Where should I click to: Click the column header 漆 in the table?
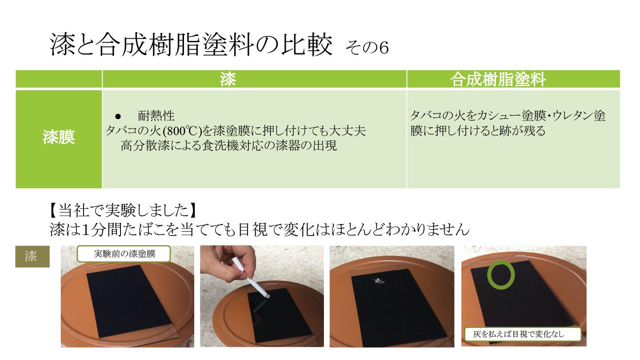click(228, 79)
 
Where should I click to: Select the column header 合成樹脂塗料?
click(498, 79)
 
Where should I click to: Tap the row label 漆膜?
click(59, 137)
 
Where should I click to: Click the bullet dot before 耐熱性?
click(118, 116)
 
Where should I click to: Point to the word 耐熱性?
click(156, 116)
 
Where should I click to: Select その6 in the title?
click(367, 48)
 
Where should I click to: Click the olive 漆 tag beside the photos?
click(32, 256)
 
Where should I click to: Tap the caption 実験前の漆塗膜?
click(124, 254)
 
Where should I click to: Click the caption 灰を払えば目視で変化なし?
click(519, 334)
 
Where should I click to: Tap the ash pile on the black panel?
click(379, 281)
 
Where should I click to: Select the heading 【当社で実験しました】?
click(123, 211)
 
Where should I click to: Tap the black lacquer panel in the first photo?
click(129, 301)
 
